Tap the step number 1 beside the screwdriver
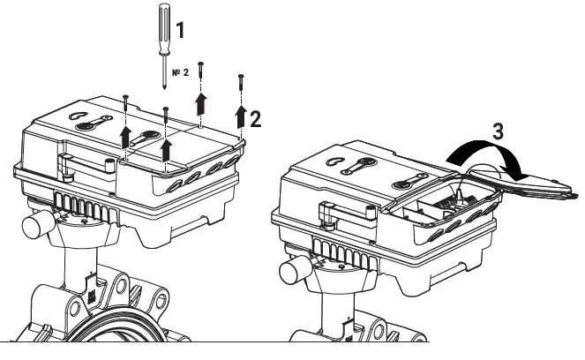point(181,30)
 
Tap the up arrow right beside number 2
point(240,116)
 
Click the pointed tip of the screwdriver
point(165,85)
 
